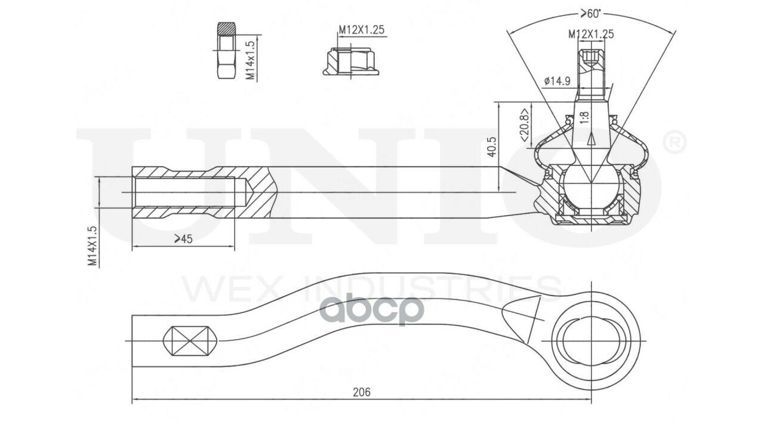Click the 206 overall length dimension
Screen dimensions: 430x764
click(361, 392)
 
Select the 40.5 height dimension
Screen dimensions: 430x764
click(491, 147)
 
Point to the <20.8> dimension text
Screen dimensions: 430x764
click(523, 125)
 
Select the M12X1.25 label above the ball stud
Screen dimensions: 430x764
click(590, 34)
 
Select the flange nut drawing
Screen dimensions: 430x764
click(351, 63)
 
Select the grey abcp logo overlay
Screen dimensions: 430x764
click(372, 309)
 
